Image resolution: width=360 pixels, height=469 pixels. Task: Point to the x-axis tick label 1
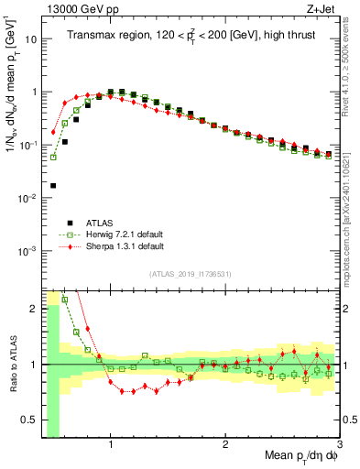tap(111, 446)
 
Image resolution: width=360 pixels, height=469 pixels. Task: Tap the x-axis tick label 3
tap(339, 446)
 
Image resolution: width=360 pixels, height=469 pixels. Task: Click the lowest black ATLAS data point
tap(53, 186)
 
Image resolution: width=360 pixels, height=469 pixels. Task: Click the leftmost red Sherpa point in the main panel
tap(53, 131)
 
